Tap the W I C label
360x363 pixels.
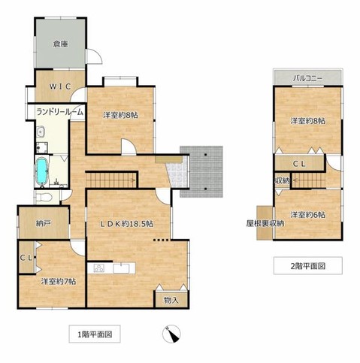tap(60, 86)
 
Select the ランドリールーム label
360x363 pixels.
tap(59, 113)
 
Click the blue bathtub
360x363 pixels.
tap(43, 171)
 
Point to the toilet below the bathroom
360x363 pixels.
tap(44, 196)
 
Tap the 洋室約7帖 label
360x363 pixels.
tap(59, 281)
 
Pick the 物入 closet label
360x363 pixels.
tap(171, 300)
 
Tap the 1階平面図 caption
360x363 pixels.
tap(94, 334)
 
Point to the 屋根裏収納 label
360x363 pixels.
tap(265, 223)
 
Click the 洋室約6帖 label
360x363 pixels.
tap(308, 215)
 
